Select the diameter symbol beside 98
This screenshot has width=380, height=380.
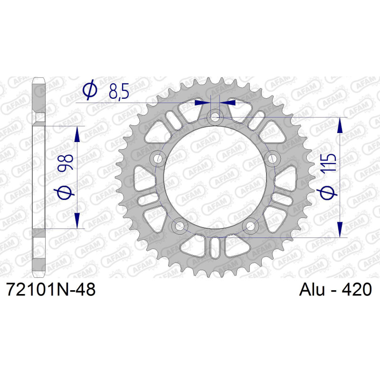tap(66, 192)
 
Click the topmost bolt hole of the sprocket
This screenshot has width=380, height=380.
tap(216, 116)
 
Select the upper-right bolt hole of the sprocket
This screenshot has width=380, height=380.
tap(272, 159)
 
